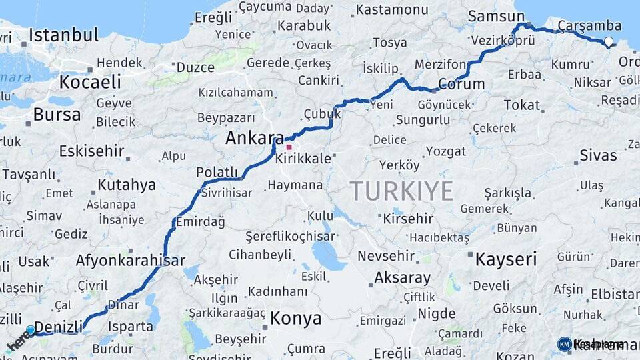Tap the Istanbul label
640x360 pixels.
pos(63,35)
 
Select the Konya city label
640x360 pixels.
pos(295,318)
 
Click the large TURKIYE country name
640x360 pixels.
pos(401,191)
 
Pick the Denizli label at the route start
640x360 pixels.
pos(58,327)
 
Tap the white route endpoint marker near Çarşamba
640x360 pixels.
pos(609,42)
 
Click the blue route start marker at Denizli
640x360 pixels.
pos(30,329)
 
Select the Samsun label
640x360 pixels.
pos(496,17)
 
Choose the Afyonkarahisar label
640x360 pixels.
pos(130,261)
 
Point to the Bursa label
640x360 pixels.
pos(57,114)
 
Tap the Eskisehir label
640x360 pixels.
pos(91,151)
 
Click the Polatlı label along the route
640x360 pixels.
pos(217,172)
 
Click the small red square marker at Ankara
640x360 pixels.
pos(289,147)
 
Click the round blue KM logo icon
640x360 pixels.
pos(564,344)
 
